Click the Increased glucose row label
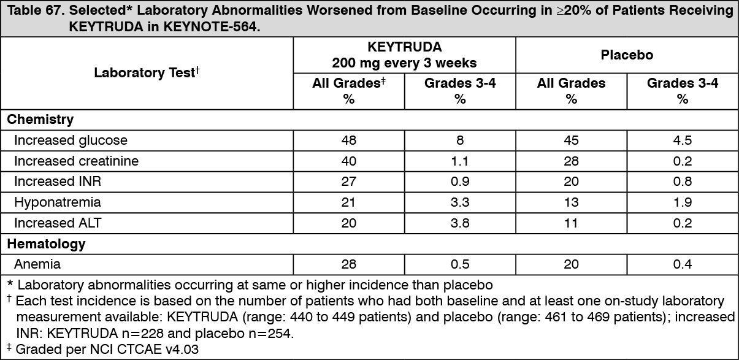(x=71, y=140)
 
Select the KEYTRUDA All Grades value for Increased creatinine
(x=349, y=161)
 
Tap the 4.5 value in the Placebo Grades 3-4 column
(x=682, y=140)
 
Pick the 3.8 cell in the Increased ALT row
(x=460, y=223)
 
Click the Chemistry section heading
(x=40, y=119)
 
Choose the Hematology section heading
(x=46, y=243)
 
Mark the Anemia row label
(x=37, y=264)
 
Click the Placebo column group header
(x=626, y=55)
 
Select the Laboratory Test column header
(x=147, y=73)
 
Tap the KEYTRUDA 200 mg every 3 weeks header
(x=404, y=55)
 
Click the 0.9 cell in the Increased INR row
(x=460, y=182)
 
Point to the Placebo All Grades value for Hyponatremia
(x=571, y=202)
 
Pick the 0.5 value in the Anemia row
(x=460, y=264)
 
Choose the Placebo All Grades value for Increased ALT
(x=571, y=223)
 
